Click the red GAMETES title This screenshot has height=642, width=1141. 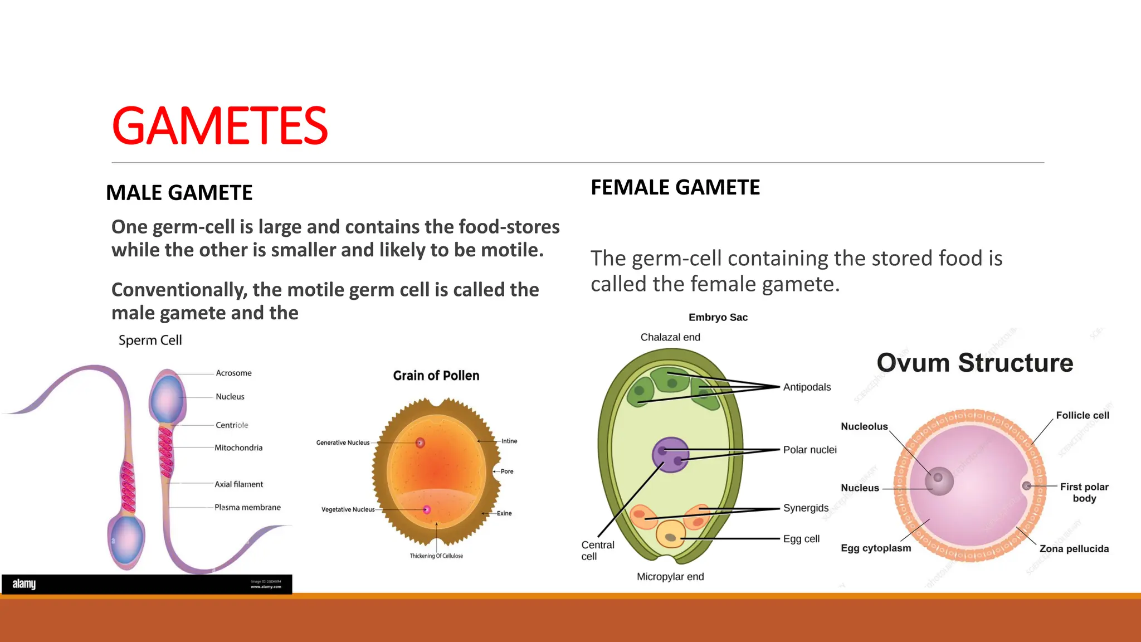pos(220,126)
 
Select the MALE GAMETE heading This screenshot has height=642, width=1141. pos(179,193)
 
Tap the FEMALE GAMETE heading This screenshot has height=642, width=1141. pos(675,187)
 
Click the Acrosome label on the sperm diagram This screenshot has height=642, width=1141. pos(233,373)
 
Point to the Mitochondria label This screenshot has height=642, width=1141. pos(238,448)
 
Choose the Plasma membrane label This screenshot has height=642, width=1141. pos(247,507)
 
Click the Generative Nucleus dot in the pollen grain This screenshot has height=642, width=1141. pos(420,442)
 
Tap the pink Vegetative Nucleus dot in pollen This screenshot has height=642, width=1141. pos(427,509)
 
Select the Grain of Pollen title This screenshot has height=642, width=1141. pos(436,376)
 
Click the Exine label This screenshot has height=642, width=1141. pos(504,513)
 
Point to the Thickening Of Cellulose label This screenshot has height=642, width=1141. pos(436,556)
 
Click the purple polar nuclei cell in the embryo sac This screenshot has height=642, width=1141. pos(670,455)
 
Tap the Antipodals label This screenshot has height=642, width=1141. pos(807,387)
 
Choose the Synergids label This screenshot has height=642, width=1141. pos(806,508)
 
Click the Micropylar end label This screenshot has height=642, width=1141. pos(670,577)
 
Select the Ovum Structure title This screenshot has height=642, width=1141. pos(974,363)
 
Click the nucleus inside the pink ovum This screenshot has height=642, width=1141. pos(939,481)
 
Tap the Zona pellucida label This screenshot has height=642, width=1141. pos(1074,549)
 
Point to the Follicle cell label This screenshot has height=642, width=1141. pos(1082,415)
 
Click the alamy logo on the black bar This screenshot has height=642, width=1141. pos(24,584)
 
